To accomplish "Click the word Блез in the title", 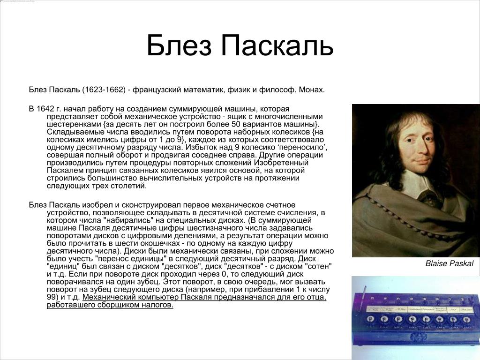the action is [x=179, y=45].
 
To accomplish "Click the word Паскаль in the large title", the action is [x=277, y=45].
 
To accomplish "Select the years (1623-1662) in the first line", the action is [x=104, y=90].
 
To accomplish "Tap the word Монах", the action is [x=312, y=90].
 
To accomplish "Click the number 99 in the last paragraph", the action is [x=52, y=297].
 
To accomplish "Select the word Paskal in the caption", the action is [x=462, y=263].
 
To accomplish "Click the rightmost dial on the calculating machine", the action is [x=466, y=320].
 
